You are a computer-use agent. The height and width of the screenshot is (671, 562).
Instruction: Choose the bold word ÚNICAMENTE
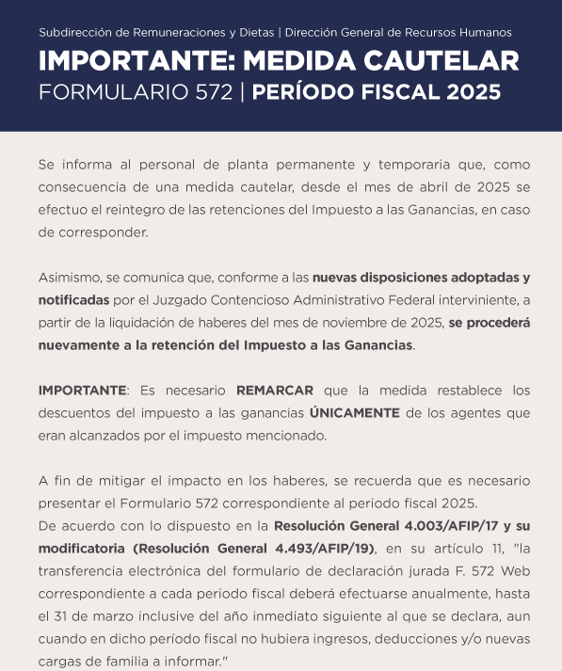(x=352, y=412)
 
